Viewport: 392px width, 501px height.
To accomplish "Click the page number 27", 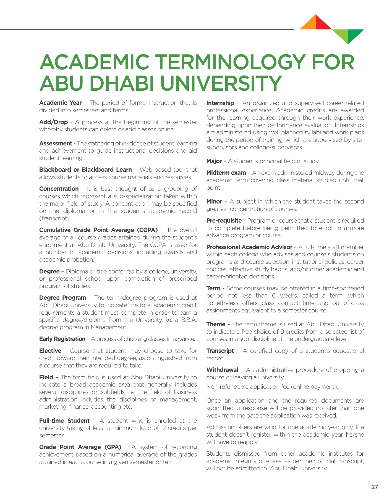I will pyautogui.click(x=375, y=487).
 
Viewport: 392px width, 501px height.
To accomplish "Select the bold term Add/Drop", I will pyautogui.click(x=53, y=122).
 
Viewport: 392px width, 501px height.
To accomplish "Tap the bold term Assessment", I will pyautogui.click(x=56, y=143).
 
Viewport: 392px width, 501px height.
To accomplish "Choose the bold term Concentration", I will pyautogui.click(x=59, y=189).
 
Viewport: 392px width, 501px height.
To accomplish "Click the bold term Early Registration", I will pyautogui.click(x=62, y=339).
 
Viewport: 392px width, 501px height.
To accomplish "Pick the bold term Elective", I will pyautogui.click(x=50, y=351).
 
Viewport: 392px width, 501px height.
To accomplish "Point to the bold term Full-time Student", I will pyautogui.click(x=64, y=421).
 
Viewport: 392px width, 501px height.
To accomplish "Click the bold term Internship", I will pyautogui.click(x=220, y=103).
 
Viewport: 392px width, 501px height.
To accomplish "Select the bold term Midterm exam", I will pyautogui.click(x=226, y=173).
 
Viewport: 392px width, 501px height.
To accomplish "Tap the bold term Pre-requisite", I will pyautogui.click(x=224, y=221).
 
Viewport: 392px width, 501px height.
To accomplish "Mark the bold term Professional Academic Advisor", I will pyautogui.click(x=249, y=247).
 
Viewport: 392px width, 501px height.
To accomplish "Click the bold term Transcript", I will pyautogui.click(x=220, y=351).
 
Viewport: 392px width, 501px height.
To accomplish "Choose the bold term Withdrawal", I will pyautogui.click(x=222, y=370).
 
